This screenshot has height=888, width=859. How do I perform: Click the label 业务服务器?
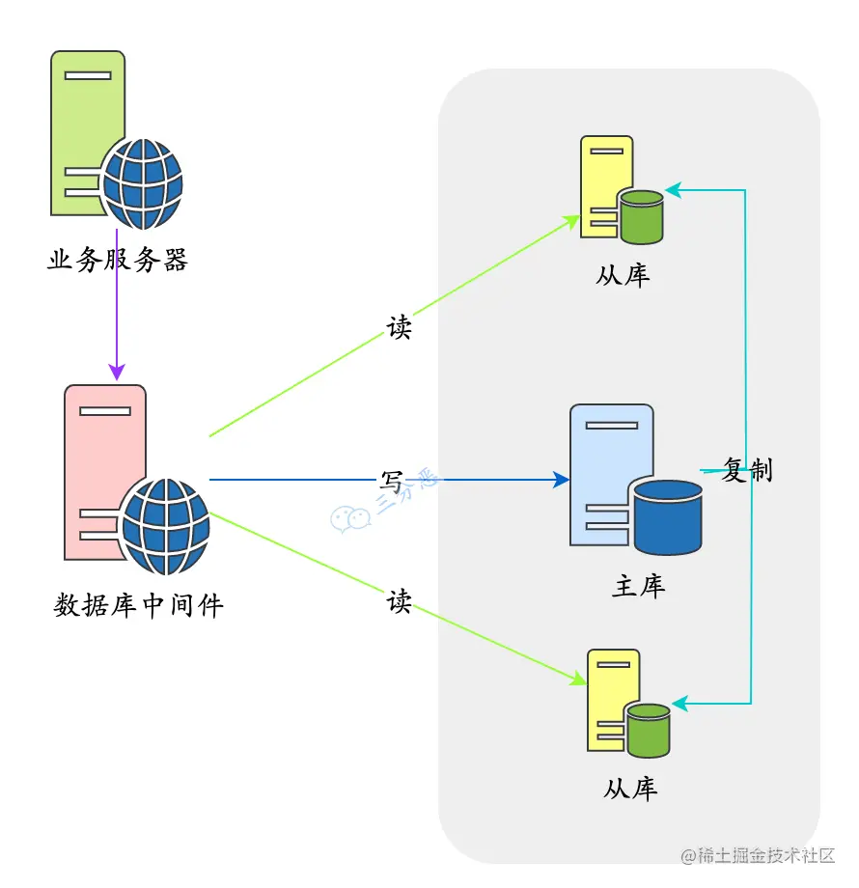(117, 260)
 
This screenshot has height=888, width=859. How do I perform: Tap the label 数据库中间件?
(138, 605)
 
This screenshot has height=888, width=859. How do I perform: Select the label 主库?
(639, 586)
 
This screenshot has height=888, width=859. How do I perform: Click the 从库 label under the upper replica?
(623, 275)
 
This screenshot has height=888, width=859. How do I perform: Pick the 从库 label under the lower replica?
(630, 788)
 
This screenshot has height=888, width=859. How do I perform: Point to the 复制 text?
(747, 470)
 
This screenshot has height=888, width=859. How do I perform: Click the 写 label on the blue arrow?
(392, 480)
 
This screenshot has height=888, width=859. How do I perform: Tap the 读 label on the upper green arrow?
(400, 328)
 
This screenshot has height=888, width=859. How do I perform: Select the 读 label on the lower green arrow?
(400, 601)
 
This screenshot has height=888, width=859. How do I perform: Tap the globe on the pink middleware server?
(166, 525)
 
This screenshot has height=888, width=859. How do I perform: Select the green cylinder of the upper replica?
(642, 216)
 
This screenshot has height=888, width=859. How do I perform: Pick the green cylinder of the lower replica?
(648, 729)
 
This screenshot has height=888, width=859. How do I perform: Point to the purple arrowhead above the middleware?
(117, 371)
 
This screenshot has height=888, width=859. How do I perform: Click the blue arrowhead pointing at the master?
(561, 479)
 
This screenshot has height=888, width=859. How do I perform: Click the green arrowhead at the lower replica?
(578, 680)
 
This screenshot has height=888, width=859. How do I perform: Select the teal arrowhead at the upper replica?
(673, 191)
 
